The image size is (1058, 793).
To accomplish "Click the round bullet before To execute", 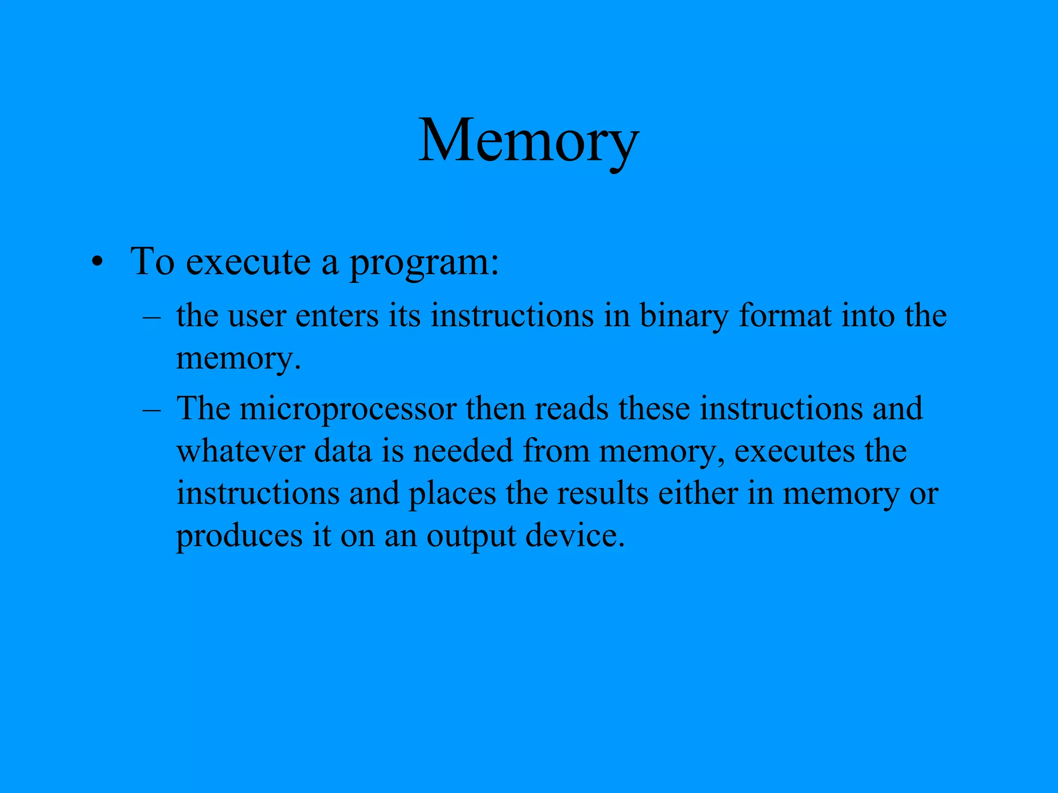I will coord(97,263).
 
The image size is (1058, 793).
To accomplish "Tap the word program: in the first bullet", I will coord(424,262).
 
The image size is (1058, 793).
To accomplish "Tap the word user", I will coord(257,316).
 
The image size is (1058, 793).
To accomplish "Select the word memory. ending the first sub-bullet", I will coord(238,358).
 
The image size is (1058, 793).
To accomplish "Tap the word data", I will coord(343,450).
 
